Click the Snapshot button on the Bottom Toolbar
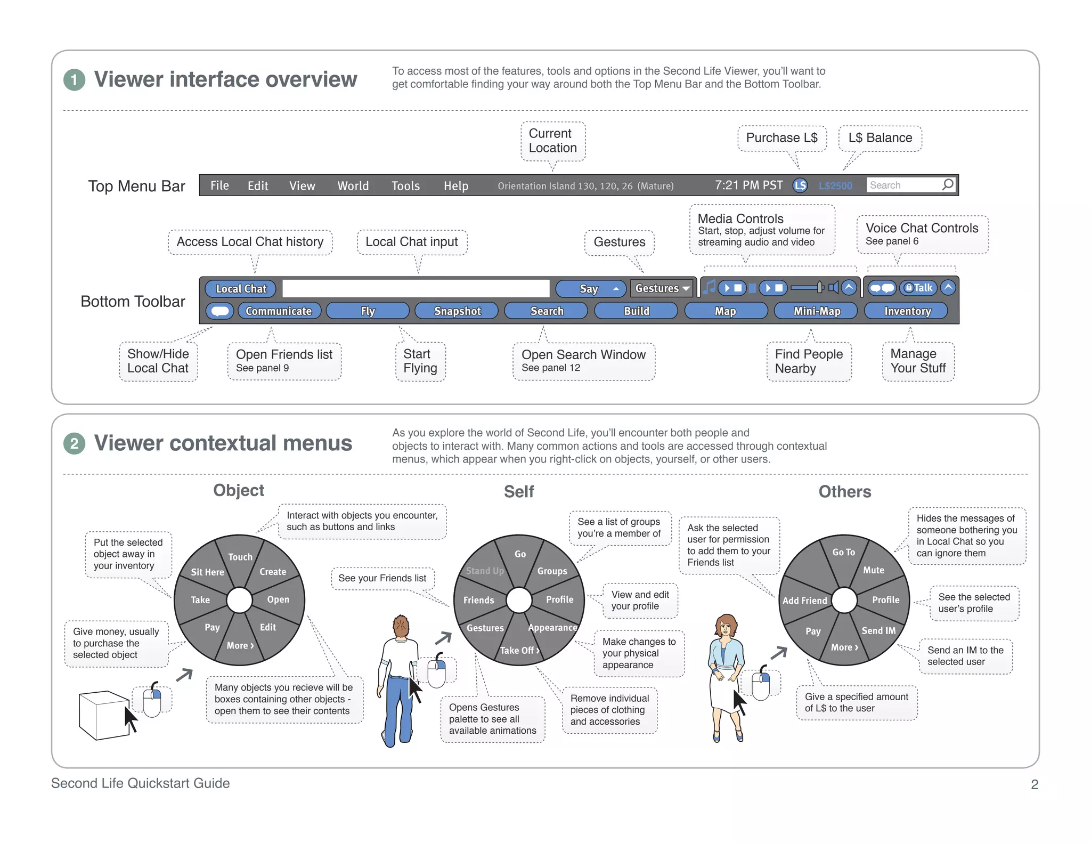click(457, 311)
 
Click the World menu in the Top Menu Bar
click(353, 185)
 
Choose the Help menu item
click(455, 185)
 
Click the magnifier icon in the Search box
click(948, 184)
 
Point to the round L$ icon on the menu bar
click(800, 185)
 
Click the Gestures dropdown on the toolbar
click(662, 288)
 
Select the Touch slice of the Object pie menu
click(240, 557)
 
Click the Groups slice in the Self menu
click(552, 571)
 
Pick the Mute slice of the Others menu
click(874, 570)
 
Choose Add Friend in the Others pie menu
click(804, 601)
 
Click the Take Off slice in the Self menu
click(519, 650)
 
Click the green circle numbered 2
click(74, 443)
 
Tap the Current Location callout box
click(552, 141)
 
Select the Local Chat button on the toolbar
click(241, 288)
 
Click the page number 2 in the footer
click(1035, 784)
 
